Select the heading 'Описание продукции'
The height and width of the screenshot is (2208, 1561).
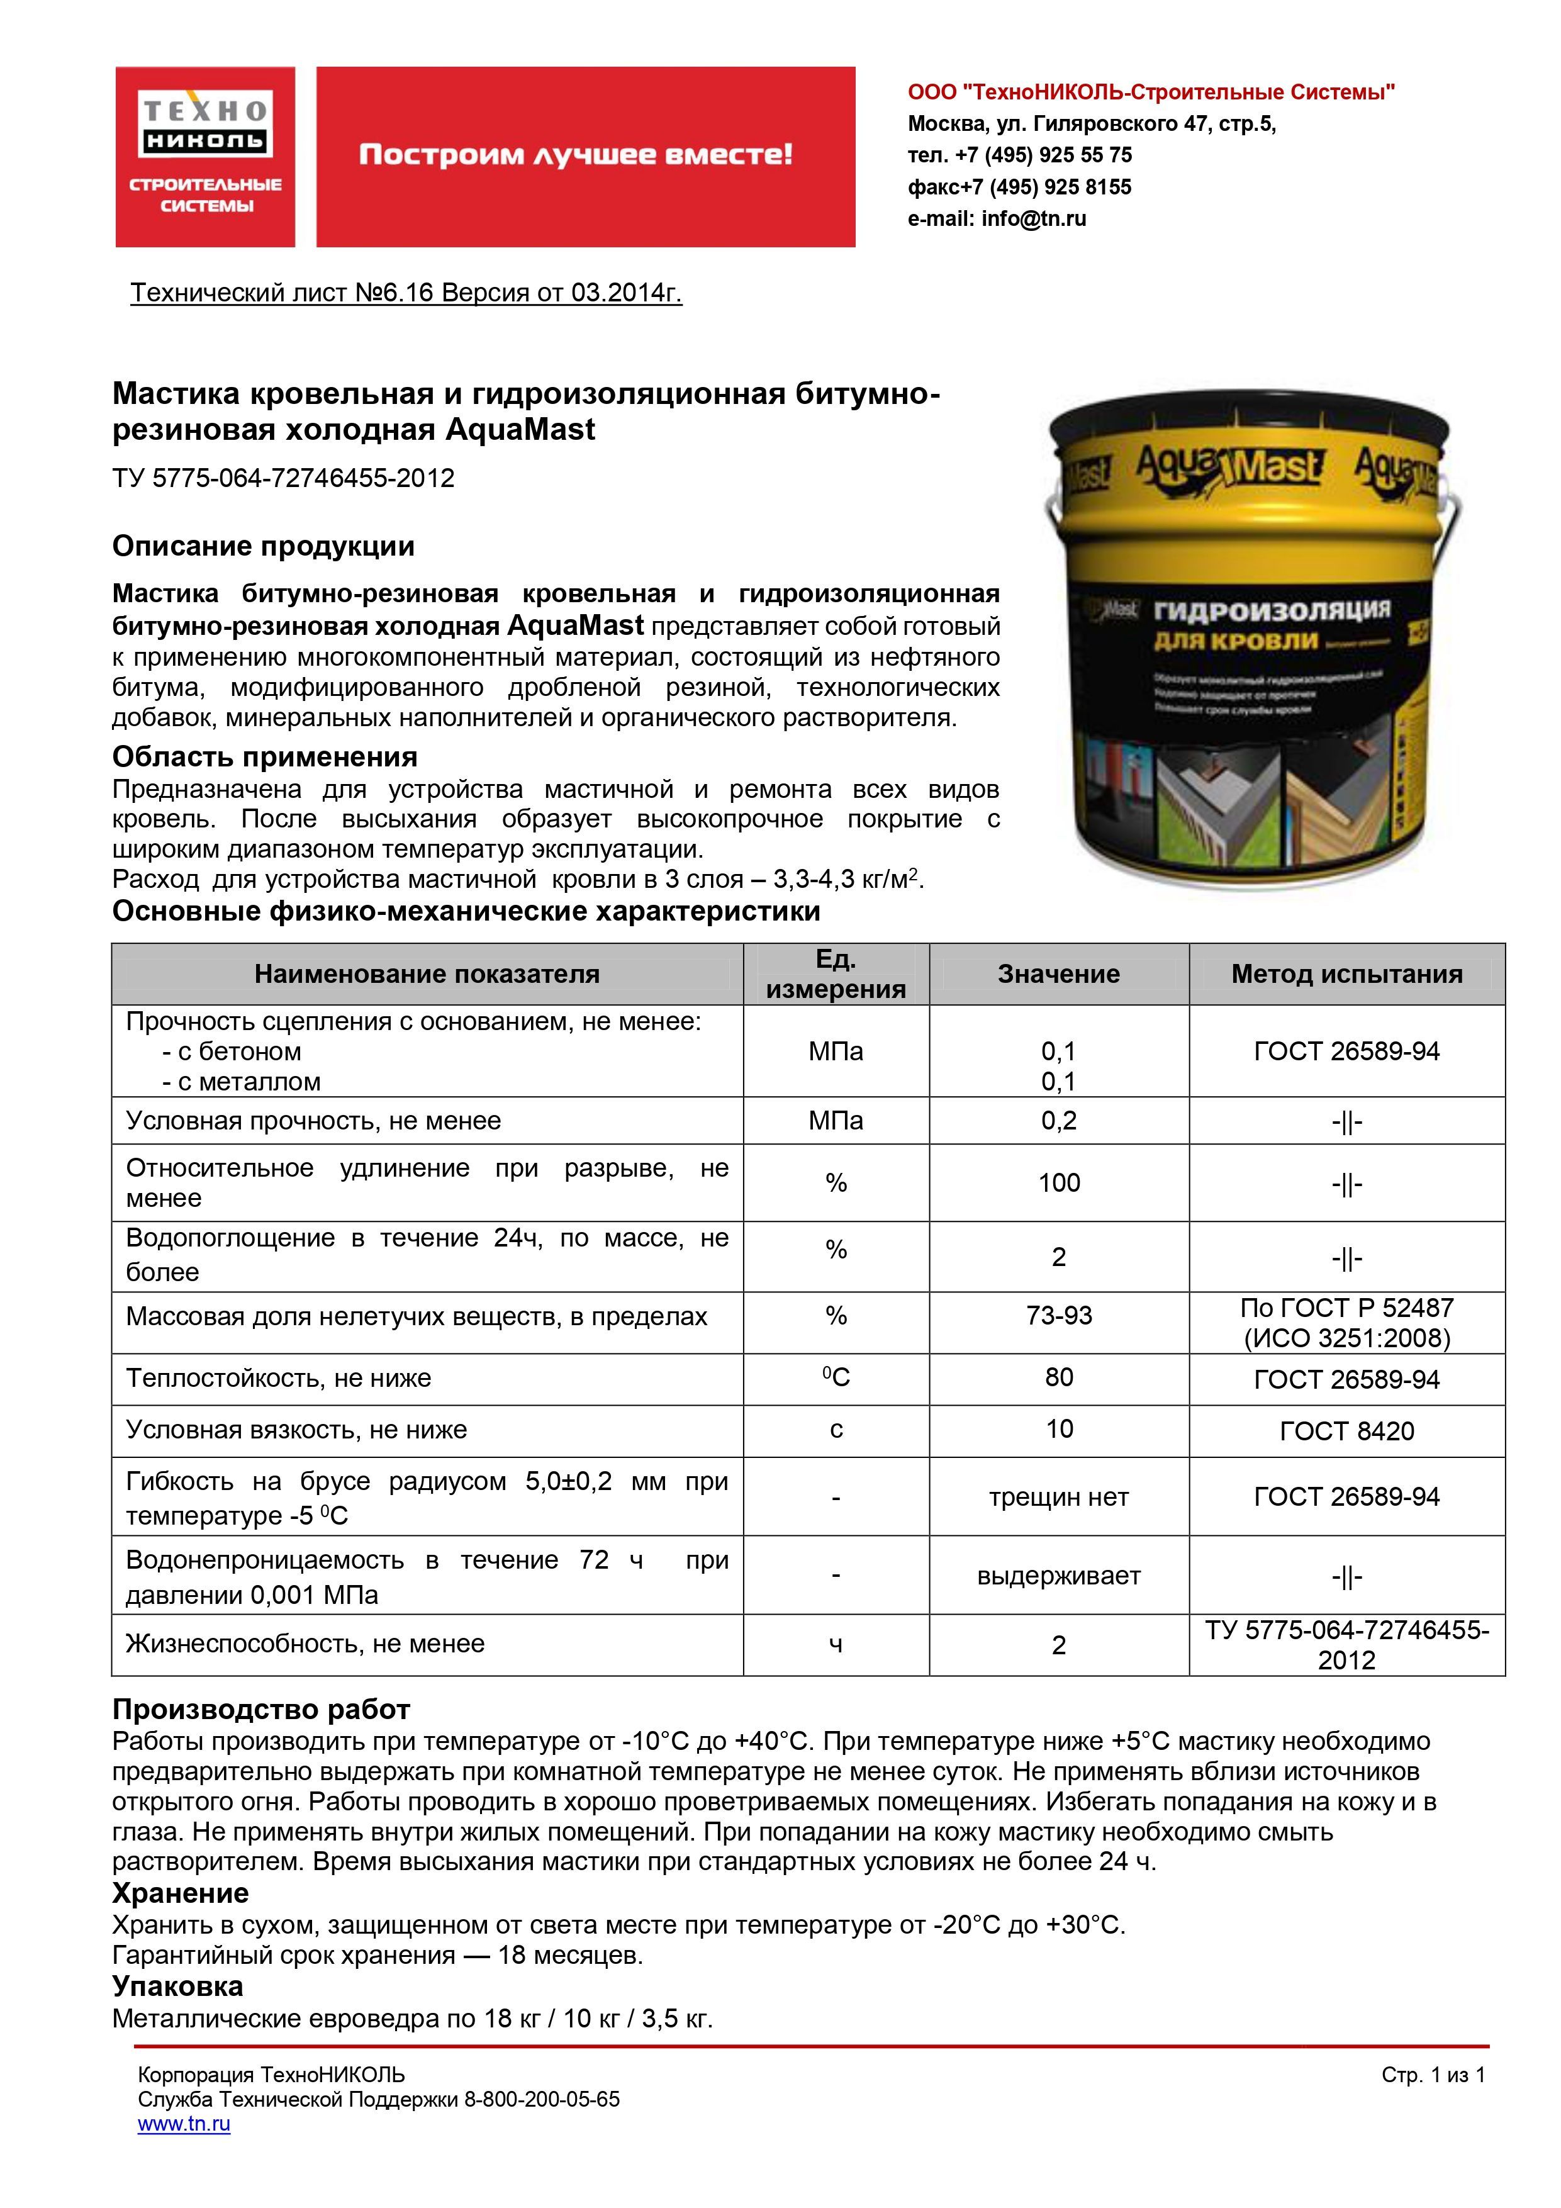[264, 546]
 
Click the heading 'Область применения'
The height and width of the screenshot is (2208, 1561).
[264, 757]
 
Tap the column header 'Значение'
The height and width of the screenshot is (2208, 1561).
[1058, 974]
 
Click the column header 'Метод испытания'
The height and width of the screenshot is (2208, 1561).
[1346, 974]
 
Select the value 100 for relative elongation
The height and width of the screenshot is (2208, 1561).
[1058, 1183]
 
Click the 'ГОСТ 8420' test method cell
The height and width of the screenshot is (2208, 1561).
[1346, 1431]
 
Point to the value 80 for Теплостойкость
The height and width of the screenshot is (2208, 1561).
[1058, 1377]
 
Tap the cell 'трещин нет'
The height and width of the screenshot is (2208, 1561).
[1058, 1496]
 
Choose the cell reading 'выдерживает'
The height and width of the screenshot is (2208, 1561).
[1058, 1575]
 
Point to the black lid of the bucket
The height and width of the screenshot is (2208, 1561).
[1250, 423]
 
